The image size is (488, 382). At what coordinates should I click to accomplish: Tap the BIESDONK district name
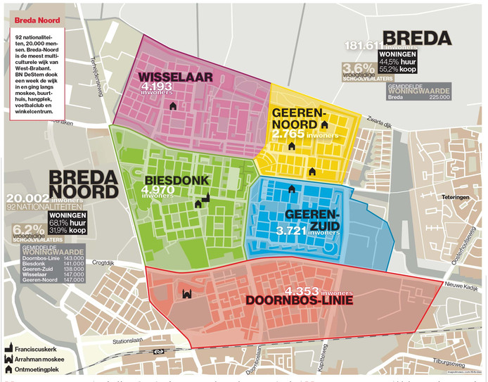click(x=175, y=179)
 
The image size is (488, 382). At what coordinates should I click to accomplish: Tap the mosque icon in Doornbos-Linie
click(x=187, y=294)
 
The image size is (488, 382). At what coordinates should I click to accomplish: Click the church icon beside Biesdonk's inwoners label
click(x=205, y=198)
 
